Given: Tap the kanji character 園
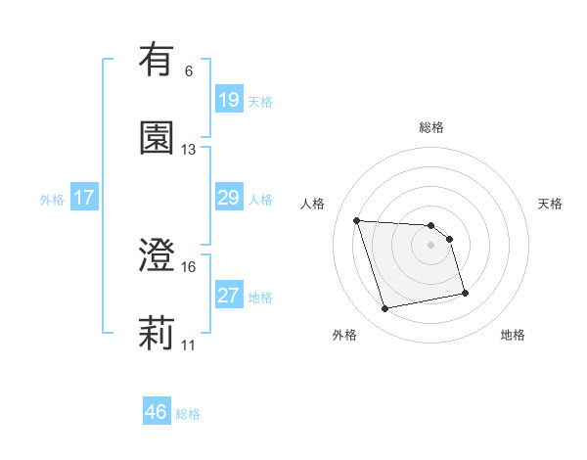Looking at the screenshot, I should click(x=157, y=138).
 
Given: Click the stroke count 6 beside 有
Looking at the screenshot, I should click(x=188, y=71).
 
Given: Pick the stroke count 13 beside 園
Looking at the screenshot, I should click(x=188, y=150).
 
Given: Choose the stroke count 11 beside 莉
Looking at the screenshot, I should click(x=188, y=345).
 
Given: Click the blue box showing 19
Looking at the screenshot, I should click(x=228, y=99).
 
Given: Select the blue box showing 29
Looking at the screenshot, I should click(x=228, y=198).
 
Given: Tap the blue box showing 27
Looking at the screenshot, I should click(x=228, y=296).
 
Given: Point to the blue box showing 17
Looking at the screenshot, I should click(x=84, y=198).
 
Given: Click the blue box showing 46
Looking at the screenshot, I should click(x=157, y=412).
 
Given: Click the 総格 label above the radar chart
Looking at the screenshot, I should click(x=431, y=127).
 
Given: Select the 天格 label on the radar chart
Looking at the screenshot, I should click(x=551, y=204).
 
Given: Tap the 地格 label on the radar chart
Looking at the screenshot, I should click(x=513, y=336).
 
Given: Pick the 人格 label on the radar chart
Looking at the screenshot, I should click(x=314, y=204).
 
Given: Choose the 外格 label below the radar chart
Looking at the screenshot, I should click(x=344, y=336).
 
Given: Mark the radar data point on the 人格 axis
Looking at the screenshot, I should click(x=357, y=220).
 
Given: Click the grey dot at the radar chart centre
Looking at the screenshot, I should click(x=431, y=244).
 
